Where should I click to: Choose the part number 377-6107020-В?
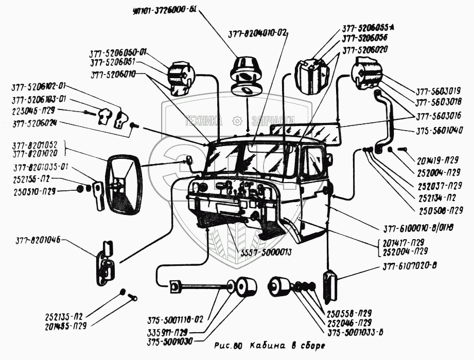coord(410,266)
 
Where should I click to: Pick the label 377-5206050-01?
coord(118,52)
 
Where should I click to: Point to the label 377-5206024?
coord(34,123)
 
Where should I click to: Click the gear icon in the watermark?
coord(237,121)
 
